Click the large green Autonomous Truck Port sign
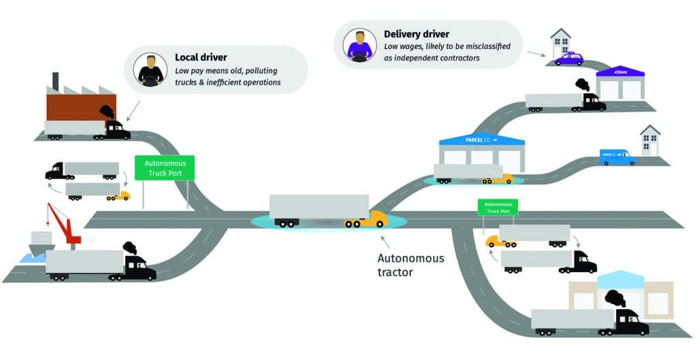(164, 168)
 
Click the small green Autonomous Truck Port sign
(498, 207)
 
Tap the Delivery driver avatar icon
(359, 45)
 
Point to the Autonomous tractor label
(410, 265)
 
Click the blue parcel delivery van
(617, 157)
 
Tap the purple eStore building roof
(620, 72)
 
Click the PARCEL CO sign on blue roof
(482, 140)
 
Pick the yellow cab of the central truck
(368, 218)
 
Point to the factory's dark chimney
(56, 80)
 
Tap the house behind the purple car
(560, 43)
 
